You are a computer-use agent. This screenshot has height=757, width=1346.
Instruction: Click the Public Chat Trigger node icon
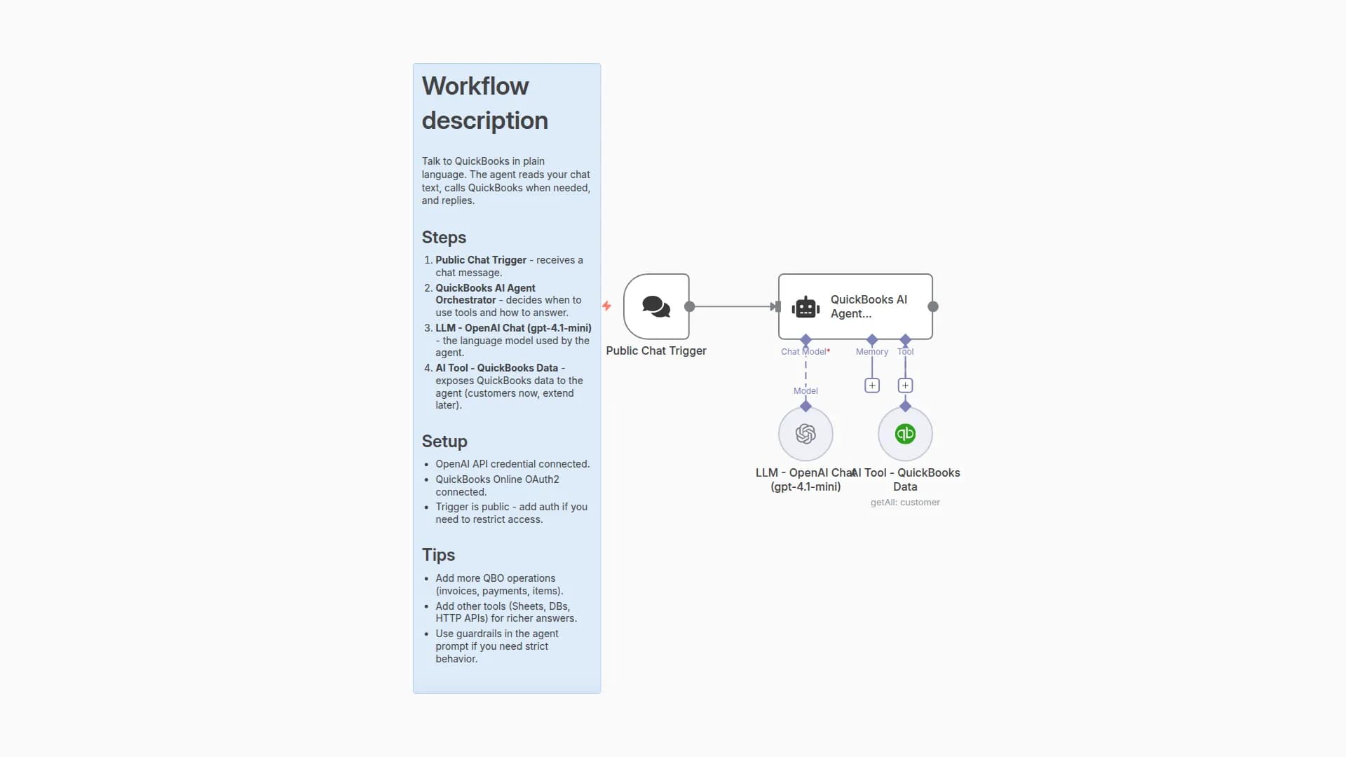[x=656, y=306]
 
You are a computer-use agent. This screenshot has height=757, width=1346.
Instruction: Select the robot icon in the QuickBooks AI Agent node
[x=805, y=307]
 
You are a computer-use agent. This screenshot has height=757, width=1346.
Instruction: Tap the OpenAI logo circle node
[x=805, y=434]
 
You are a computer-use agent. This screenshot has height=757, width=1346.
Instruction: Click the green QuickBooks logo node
[x=905, y=434]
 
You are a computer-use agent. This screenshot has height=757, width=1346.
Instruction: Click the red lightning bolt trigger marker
[x=606, y=306]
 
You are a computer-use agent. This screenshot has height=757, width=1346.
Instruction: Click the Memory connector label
[x=871, y=352]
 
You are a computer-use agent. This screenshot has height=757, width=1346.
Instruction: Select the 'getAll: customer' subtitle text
[x=905, y=503]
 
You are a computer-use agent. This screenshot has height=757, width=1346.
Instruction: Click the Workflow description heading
[x=484, y=103]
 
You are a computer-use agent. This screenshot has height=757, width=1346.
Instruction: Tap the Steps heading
[x=444, y=238]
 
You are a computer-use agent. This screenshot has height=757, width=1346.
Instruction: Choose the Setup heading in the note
[x=444, y=442]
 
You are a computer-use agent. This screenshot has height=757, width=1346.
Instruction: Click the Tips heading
[x=438, y=555]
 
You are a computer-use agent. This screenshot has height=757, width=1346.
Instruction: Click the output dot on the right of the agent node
[x=933, y=306]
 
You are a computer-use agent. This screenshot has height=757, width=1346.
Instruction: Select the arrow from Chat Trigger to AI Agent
[x=733, y=306]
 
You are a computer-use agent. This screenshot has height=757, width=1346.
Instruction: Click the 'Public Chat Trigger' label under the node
[x=656, y=350]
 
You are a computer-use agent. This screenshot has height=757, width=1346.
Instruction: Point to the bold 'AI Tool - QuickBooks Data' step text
[x=496, y=368]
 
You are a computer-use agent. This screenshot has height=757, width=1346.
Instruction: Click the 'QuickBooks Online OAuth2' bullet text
[x=497, y=479]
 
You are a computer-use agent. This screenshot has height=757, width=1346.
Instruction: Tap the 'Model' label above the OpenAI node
[x=805, y=391]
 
